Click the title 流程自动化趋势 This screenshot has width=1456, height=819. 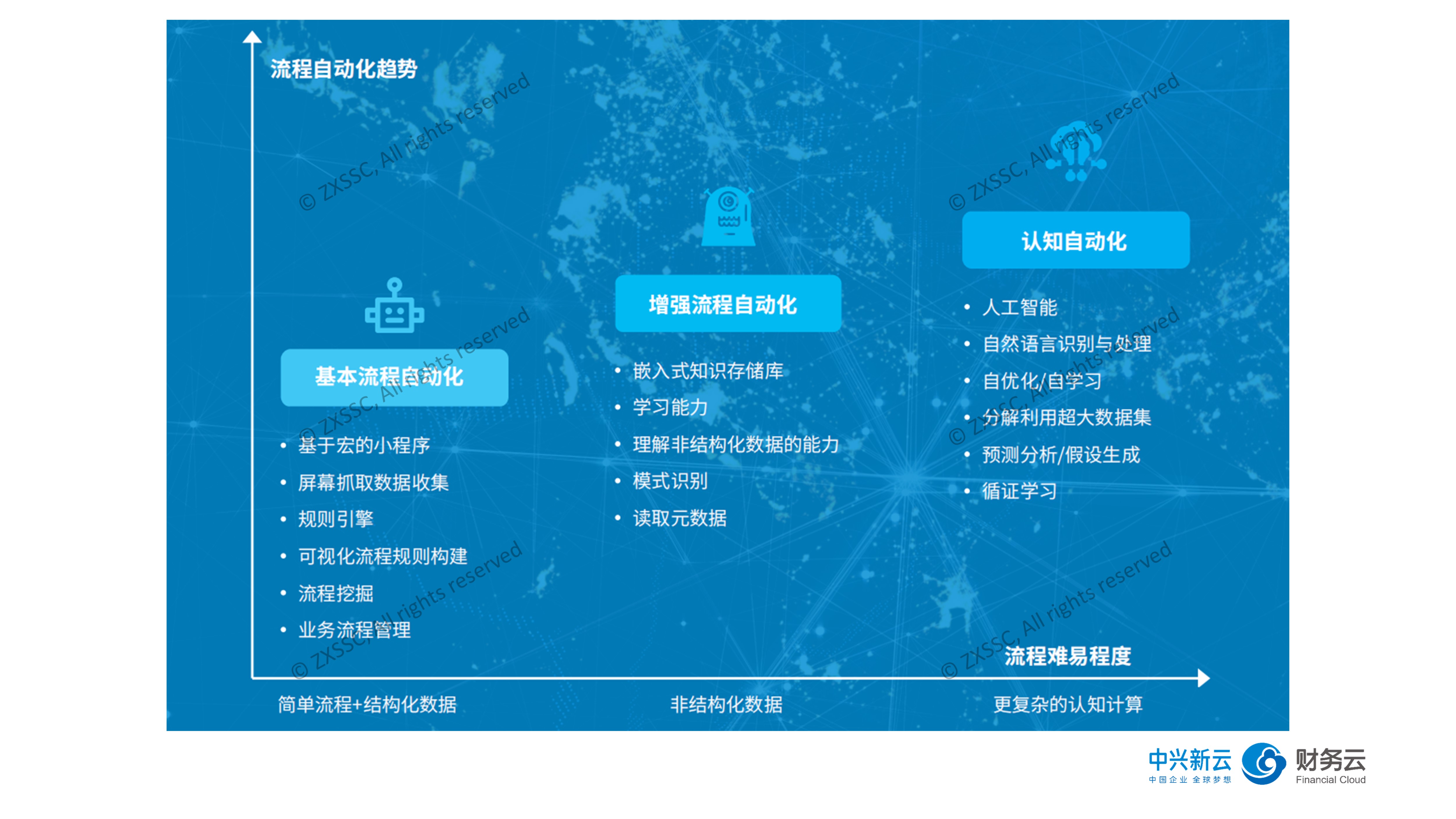[x=344, y=69]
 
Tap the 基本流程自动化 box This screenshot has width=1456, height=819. [x=395, y=377]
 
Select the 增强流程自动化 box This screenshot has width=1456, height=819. [x=728, y=303]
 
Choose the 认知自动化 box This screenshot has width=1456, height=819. [x=1076, y=240]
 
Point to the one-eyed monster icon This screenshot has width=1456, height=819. [x=728, y=216]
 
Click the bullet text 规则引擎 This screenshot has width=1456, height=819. [x=336, y=519]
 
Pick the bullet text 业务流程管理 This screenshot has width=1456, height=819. [x=354, y=630]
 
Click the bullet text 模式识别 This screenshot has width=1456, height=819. [x=670, y=481]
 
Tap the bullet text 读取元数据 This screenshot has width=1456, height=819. [x=680, y=518]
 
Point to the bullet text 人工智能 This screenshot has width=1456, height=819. [x=1020, y=308]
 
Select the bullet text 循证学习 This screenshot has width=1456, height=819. [x=1020, y=490]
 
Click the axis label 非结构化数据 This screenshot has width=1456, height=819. [x=726, y=704]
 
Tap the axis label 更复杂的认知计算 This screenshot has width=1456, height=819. [x=1068, y=704]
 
